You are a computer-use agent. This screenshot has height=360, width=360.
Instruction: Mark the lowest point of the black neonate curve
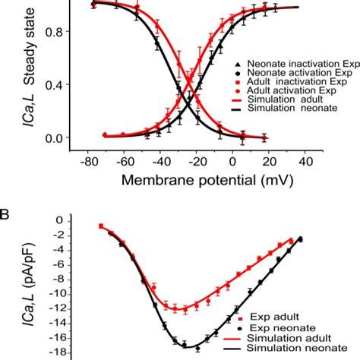pos(190,347)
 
